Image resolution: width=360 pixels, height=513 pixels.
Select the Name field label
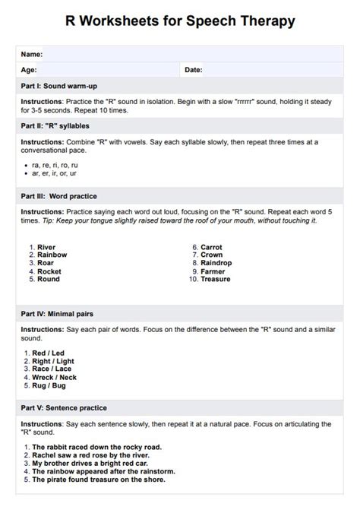pyautogui.click(x=31, y=55)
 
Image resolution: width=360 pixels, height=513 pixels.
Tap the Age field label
pyautogui.click(x=29, y=70)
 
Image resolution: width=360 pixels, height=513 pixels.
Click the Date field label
pyautogui.click(x=193, y=70)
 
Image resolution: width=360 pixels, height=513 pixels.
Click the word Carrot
pyautogui.click(x=211, y=247)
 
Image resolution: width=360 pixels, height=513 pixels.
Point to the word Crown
pyautogui.click(x=211, y=255)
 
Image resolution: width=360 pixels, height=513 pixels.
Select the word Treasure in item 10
pyautogui.click(x=216, y=280)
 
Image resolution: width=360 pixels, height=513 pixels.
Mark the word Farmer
pyautogui.click(x=213, y=271)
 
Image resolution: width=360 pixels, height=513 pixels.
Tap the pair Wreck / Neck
pyautogui.click(x=55, y=377)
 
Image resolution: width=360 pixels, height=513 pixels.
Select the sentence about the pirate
pyautogui.click(x=98, y=480)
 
